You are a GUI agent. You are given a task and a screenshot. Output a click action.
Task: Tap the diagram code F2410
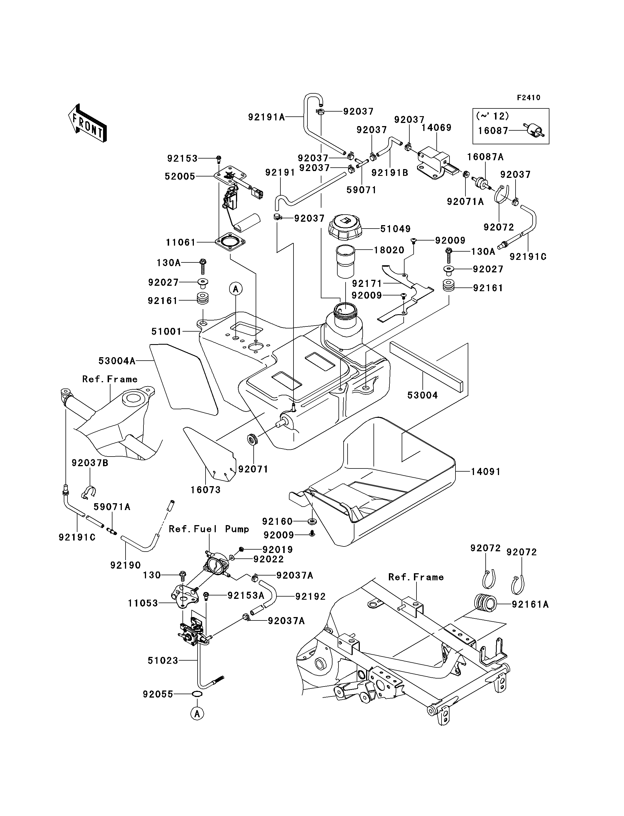tap(529, 98)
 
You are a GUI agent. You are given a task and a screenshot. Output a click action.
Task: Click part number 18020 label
tap(389, 250)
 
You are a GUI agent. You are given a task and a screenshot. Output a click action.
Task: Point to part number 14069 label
tap(436, 128)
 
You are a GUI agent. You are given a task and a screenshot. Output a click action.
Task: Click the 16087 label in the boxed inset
tap(492, 130)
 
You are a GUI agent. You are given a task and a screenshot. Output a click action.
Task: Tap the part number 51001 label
tap(167, 331)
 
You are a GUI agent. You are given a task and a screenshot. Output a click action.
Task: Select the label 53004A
tap(117, 361)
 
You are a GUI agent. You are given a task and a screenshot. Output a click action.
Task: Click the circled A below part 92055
tap(198, 714)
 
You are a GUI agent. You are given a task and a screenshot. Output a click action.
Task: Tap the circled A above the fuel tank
tap(235, 289)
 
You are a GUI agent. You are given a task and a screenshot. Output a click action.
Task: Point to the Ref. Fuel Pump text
tap(209, 529)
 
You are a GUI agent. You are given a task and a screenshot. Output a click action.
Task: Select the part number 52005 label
tap(180, 176)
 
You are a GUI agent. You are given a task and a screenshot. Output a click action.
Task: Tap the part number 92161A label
tap(530, 604)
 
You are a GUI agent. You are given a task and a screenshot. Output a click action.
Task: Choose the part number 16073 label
tap(206, 490)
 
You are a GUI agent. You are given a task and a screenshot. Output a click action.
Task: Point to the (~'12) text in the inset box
tap(492, 116)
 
